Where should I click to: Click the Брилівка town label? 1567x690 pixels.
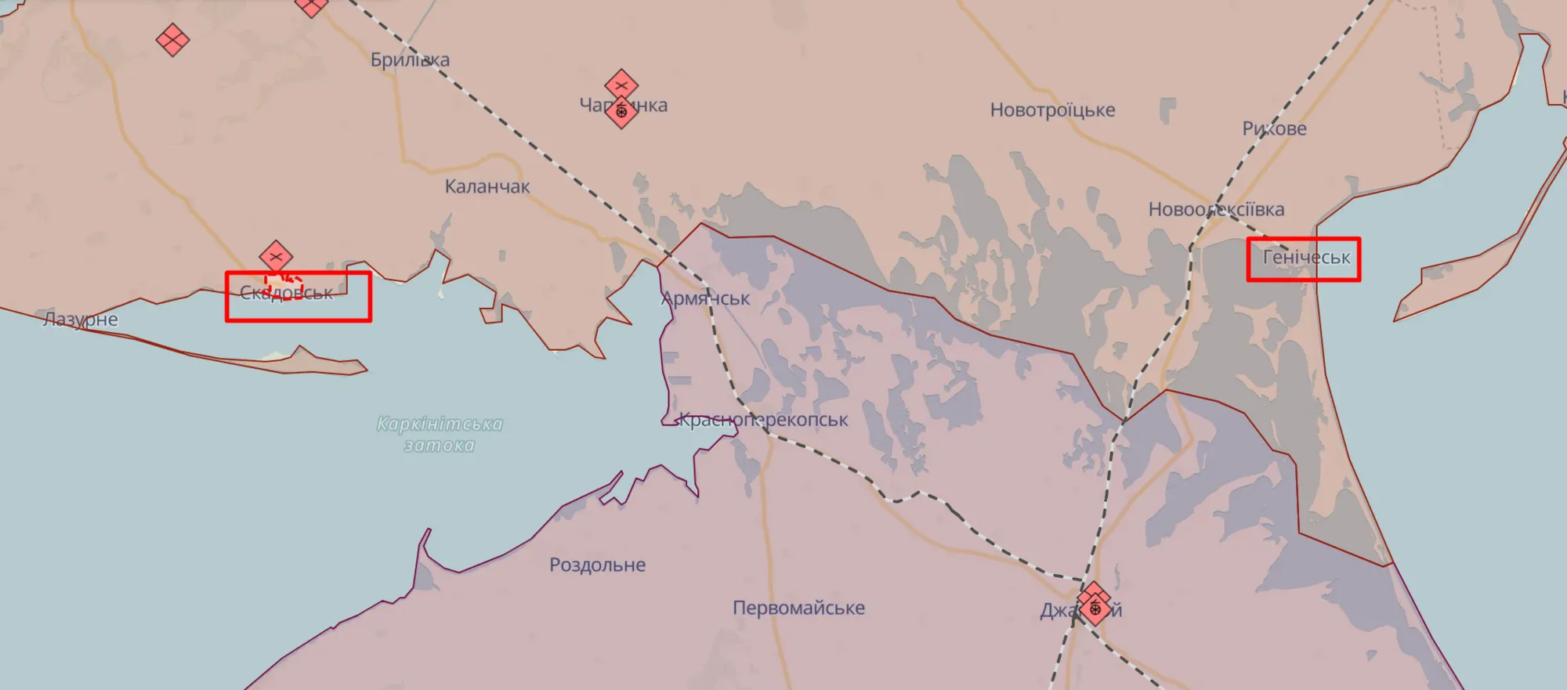[x=410, y=60]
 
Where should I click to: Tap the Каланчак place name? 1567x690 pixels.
[x=487, y=186]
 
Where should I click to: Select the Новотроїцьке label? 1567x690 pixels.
[x=1052, y=110]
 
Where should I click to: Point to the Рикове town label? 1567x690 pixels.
[x=1274, y=128]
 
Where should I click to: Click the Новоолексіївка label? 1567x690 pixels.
[x=1216, y=209]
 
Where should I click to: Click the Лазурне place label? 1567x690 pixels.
[x=81, y=319]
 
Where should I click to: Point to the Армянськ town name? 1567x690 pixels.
[x=705, y=298]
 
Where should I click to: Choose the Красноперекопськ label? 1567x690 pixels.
[x=762, y=420]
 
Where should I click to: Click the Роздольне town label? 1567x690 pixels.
[x=597, y=565]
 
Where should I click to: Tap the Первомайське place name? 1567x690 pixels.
[x=798, y=608]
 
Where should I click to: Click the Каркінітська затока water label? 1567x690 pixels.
[x=440, y=435]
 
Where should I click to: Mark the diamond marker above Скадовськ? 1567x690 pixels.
[x=276, y=256]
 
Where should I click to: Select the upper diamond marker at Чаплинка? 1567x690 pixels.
[x=621, y=85]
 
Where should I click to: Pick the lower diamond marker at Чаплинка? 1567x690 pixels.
[x=621, y=113]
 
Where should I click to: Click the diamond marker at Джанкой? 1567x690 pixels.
[x=1094, y=605]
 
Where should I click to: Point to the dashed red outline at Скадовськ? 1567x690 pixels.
[x=284, y=286]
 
